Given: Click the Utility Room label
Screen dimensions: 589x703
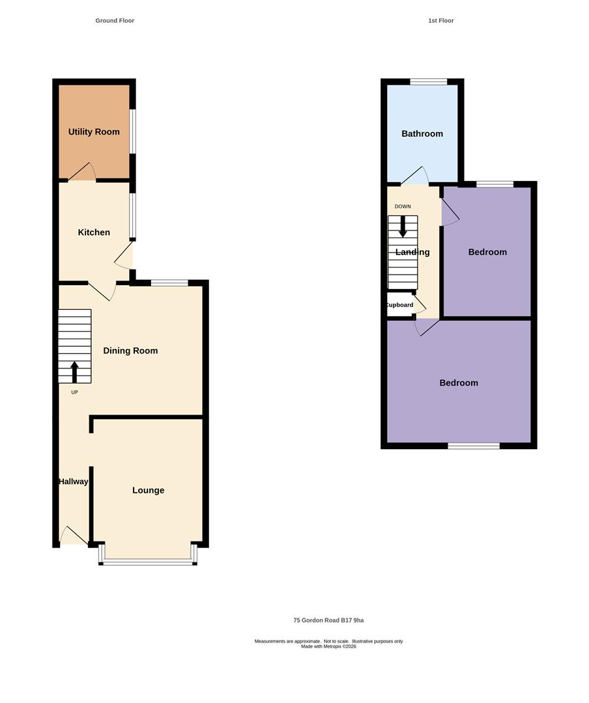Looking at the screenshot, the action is (94, 131).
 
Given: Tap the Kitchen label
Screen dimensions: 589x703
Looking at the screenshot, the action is (94, 232).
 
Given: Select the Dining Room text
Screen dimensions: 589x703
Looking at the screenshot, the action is (131, 351).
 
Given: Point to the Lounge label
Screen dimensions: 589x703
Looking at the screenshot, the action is (148, 491).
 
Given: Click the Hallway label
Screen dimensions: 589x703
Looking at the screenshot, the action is (73, 482).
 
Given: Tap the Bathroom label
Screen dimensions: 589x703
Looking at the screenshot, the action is (422, 133).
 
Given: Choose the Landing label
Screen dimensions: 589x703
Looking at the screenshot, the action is (412, 252).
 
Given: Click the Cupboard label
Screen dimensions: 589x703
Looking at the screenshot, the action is (399, 305).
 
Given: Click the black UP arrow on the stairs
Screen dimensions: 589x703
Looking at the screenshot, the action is (74, 372).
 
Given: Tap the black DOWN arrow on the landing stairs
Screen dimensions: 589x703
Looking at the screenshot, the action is (403, 227).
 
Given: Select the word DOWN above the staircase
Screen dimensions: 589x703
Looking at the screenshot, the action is (403, 207).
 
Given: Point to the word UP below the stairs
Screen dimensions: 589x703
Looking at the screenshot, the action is (74, 393).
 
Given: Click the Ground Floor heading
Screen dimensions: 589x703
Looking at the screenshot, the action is (115, 21).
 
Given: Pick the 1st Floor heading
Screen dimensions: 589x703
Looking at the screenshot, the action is (441, 21).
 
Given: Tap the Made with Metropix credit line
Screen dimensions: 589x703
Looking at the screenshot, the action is (328, 646).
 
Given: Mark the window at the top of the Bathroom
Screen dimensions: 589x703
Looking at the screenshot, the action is (429, 81).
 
